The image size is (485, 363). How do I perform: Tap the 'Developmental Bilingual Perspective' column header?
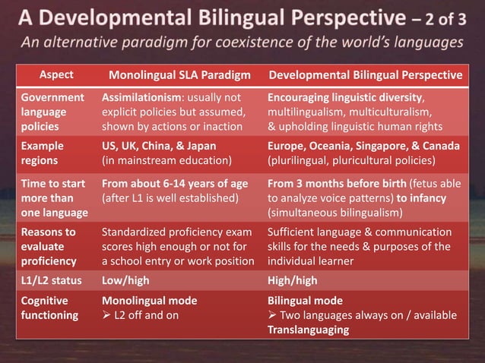coord(366,75)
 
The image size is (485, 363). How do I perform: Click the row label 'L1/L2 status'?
coord(51,281)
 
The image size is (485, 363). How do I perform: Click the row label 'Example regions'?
coord(43,153)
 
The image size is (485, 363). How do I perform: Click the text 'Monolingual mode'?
coord(149,301)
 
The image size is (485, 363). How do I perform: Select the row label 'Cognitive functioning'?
coord(49,308)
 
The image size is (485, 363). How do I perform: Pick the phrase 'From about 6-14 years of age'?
coord(174,185)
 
